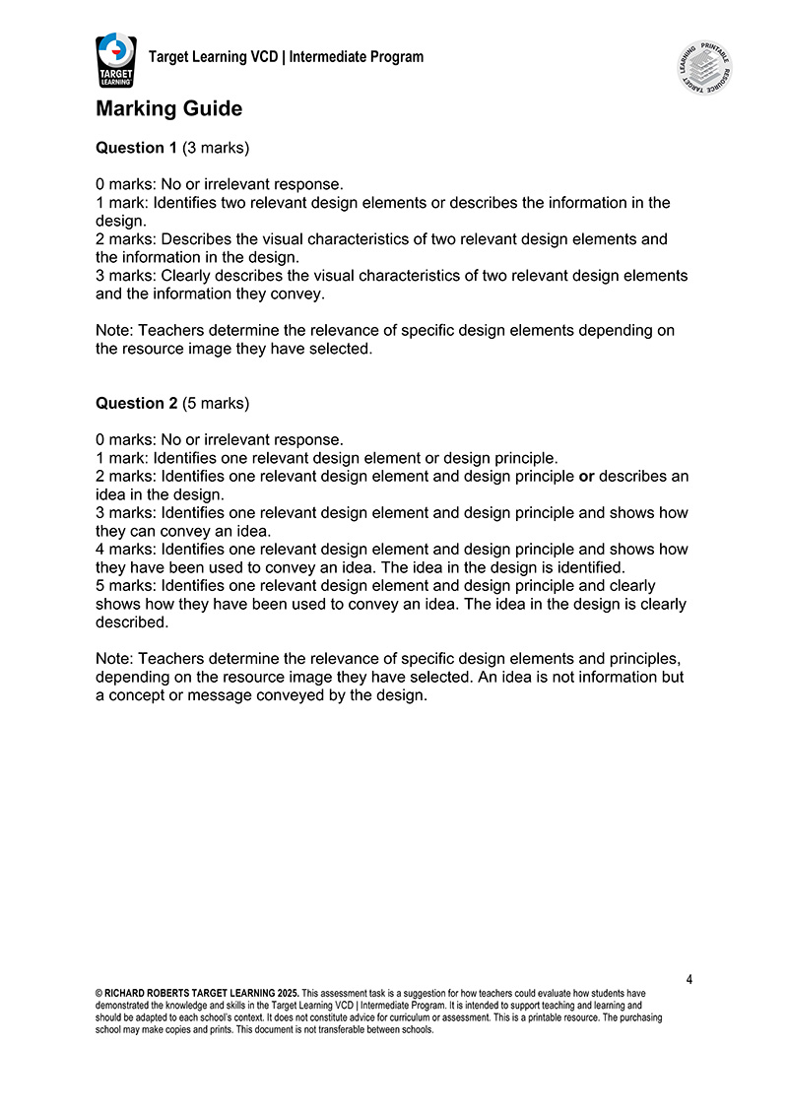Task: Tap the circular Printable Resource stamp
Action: (x=705, y=68)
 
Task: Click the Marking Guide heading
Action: (x=168, y=108)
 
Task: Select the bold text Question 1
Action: (x=136, y=148)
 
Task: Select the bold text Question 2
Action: (x=136, y=403)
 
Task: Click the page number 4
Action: (x=689, y=979)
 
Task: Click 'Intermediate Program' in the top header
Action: (x=357, y=57)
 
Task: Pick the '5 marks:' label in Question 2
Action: (x=126, y=586)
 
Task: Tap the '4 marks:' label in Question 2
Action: (x=126, y=550)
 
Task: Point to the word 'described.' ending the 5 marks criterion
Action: (x=131, y=622)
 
